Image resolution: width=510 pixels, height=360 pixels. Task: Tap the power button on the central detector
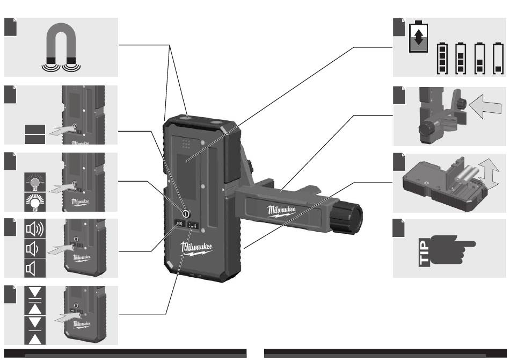186,213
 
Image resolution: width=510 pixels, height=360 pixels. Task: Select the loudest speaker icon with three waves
35,229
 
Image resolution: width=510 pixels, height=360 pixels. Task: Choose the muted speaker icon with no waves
33,267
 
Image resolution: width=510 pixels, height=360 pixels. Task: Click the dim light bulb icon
34,183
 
